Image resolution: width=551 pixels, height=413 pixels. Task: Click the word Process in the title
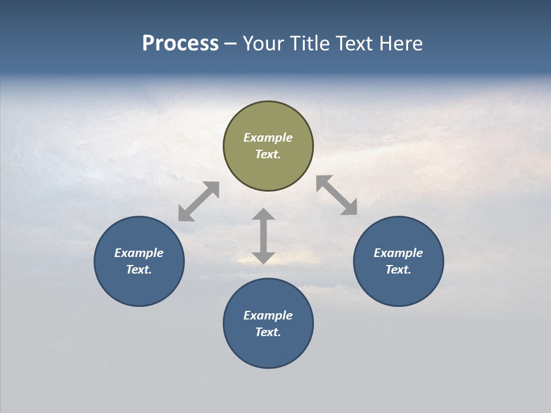point(180,44)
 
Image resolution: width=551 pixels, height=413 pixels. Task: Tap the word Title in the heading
point(310,44)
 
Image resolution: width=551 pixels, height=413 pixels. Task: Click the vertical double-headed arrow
point(263,236)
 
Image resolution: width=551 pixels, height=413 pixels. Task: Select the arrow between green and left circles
point(199,201)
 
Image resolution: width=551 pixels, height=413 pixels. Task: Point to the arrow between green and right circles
point(337,195)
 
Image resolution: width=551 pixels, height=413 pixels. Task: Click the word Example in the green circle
point(268,138)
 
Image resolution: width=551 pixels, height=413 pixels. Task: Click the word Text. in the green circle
point(268,154)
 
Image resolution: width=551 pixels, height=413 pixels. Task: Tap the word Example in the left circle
point(139,253)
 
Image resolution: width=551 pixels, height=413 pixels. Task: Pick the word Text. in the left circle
point(139,270)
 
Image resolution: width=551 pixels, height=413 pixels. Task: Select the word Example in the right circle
point(398,253)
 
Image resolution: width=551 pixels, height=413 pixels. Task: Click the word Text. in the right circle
point(398,270)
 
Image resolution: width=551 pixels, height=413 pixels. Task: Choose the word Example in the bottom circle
point(268,315)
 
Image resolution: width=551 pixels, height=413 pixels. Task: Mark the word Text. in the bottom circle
point(268,332)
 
